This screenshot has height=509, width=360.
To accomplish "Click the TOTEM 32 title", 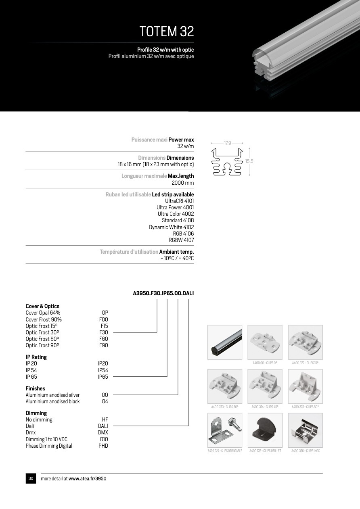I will (166, 31).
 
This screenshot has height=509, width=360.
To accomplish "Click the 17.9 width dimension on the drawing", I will (227, 143).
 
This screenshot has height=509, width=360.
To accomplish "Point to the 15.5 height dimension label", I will (249, 161).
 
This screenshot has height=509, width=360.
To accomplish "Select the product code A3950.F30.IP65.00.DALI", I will (163, 293).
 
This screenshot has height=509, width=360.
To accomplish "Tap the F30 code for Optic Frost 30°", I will (104, 332).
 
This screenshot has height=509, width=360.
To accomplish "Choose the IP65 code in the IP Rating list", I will (103, 377).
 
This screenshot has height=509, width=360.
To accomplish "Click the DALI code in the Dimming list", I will (103, 426).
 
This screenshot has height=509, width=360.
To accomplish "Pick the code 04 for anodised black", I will (105, 401).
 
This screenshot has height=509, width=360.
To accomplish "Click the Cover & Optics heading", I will (42, 306).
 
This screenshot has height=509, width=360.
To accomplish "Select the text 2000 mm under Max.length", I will (183, 183).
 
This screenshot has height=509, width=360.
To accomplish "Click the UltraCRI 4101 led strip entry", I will (179, 201).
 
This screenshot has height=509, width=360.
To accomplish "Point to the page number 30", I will (31, 478).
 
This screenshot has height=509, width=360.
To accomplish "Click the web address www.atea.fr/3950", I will (87, 479).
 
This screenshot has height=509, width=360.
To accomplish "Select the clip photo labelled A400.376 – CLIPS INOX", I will (305, 430).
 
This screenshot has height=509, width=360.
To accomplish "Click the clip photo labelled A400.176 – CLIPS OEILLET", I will (265, 430).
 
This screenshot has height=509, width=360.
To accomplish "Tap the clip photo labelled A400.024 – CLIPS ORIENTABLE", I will (225, 430).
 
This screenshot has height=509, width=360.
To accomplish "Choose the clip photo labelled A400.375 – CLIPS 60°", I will (305, 386).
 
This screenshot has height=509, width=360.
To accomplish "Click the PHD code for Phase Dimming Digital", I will (103, 446).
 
